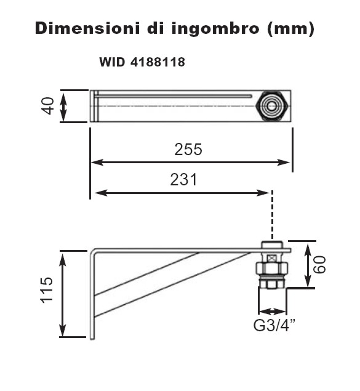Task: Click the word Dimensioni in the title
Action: click(87, 28)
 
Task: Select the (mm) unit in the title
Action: click(290, 29)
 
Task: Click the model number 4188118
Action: click(158, 62)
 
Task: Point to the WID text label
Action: click(112, 62)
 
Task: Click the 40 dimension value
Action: click(49, 106)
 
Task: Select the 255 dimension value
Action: click(188, 150)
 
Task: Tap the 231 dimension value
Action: click(183, 180)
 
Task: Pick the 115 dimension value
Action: click(47, 290)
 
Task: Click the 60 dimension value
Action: click(319, 265)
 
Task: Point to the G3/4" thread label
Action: click(274, 325)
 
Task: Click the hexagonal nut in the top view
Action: click(273, 106)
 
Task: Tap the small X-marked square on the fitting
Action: click(271, 258)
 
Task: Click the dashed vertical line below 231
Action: click(272, 215)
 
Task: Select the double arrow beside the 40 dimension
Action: click(64, 107)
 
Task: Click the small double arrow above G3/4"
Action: click(272, 311)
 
